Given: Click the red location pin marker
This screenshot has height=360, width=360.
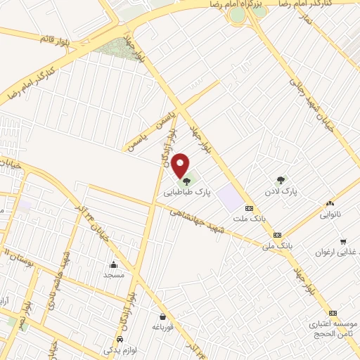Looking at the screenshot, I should click(181, 165).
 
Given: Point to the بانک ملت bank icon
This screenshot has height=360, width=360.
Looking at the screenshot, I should click(248, 208).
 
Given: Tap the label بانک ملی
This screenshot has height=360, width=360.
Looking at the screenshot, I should click(276, 246).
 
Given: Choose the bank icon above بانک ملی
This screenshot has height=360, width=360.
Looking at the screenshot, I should click(277, 235).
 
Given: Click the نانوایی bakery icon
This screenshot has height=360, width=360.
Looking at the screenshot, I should click(330, 203).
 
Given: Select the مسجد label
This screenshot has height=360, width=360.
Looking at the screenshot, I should click(113, 275).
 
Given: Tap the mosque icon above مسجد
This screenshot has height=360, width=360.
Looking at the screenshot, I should click(113, 264).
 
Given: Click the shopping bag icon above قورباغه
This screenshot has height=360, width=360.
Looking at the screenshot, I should click(163, 316).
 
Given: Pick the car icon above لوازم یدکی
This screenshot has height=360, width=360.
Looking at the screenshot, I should click(120, 340).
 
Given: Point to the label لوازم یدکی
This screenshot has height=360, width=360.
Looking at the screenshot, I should click(119, 349).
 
